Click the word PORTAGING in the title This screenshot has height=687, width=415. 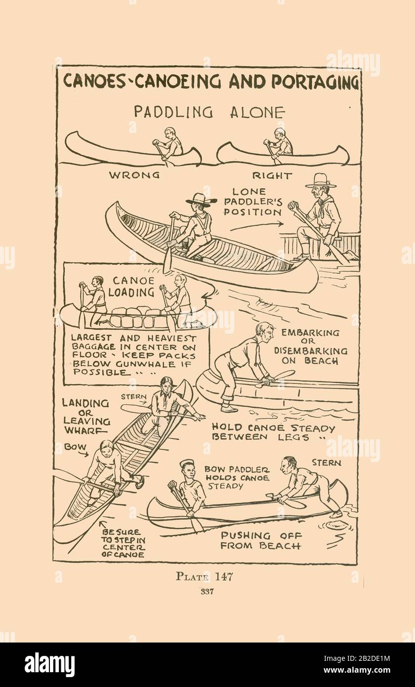[316, 81]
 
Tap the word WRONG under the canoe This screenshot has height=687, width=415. [134, 175]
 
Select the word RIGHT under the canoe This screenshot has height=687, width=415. [272, 176]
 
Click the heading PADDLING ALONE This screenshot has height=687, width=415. [209, 112]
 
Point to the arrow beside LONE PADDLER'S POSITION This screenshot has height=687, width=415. [257, 226]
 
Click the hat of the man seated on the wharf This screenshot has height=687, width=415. [321, 180]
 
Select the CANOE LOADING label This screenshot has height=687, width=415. [131, 287]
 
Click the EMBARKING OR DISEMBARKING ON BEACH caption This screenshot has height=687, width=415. [311, 346]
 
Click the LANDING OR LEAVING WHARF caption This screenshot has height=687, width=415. [86, 417]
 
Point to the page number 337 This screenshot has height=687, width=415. [207, 592]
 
